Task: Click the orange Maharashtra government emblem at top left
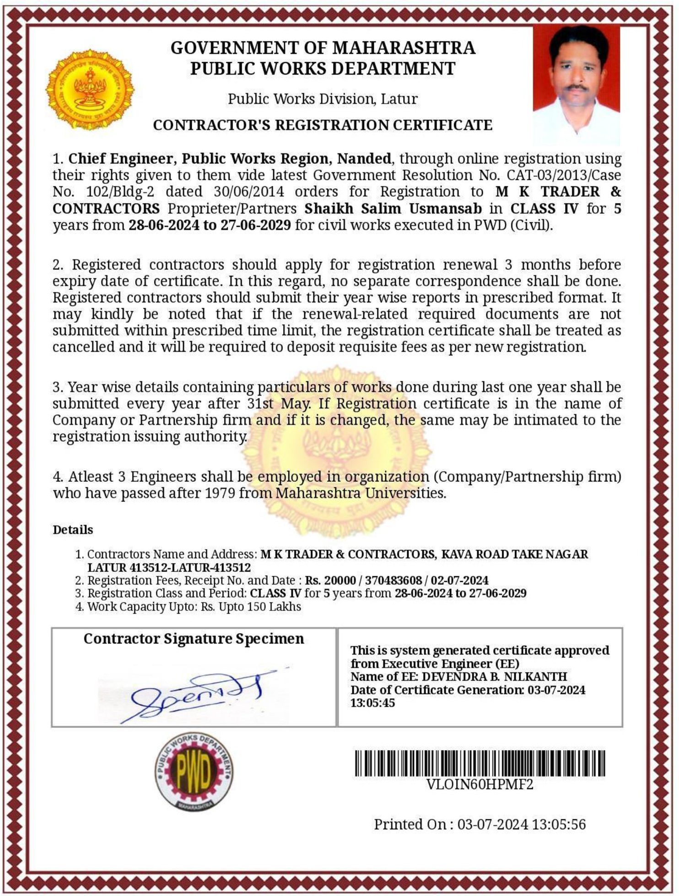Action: pos(90,90)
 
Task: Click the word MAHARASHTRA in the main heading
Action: pos(404,48)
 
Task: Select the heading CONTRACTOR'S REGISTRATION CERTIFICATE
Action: pos(323,125)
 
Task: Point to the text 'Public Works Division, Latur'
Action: pos(323,99)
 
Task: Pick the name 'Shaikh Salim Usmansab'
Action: pos(393,209)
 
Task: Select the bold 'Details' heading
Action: pos(73,530)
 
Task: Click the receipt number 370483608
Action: pos(393,580)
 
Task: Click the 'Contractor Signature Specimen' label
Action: pos(194,638)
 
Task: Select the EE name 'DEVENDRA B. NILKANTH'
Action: pos(494,676)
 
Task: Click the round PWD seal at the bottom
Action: pos(194,772)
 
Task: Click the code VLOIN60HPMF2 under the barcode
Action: pos(480,784)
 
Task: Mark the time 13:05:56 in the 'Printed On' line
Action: pos(559,824)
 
